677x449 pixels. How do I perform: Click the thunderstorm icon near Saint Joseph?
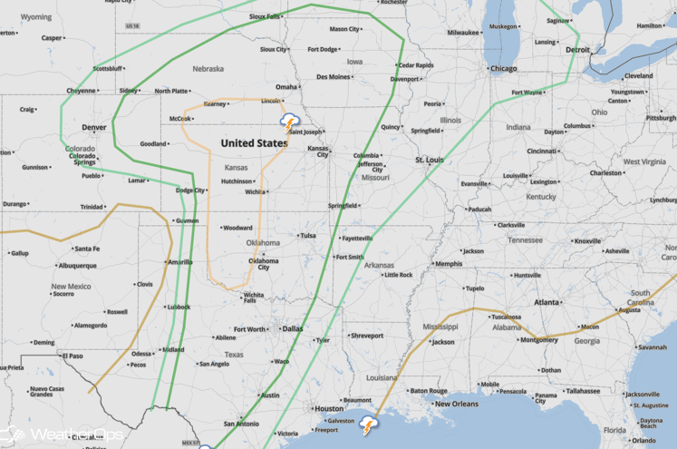(x=290, y=122)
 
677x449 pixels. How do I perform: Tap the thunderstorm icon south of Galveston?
(x=369, y=425)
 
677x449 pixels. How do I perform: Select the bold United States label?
(x=255, y=143)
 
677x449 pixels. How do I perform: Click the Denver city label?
(x=94, y=127)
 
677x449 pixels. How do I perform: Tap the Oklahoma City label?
(x=264, y=264)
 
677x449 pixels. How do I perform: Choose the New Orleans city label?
(x=456, y=404)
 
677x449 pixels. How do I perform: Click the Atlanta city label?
(x=546, y=302)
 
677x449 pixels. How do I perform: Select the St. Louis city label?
(x=429, y=160)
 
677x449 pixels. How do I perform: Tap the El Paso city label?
(x=73, y=356)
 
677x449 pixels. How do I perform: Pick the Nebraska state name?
(x=208, y=68)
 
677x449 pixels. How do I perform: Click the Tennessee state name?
(x=525, y=240)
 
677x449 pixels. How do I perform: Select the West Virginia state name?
(x=644, y=161)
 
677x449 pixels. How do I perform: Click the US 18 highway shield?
(x=133, y=26)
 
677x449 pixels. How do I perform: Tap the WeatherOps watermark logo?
(x=63, y=435)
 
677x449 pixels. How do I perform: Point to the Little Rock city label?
(x=398, y=275)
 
